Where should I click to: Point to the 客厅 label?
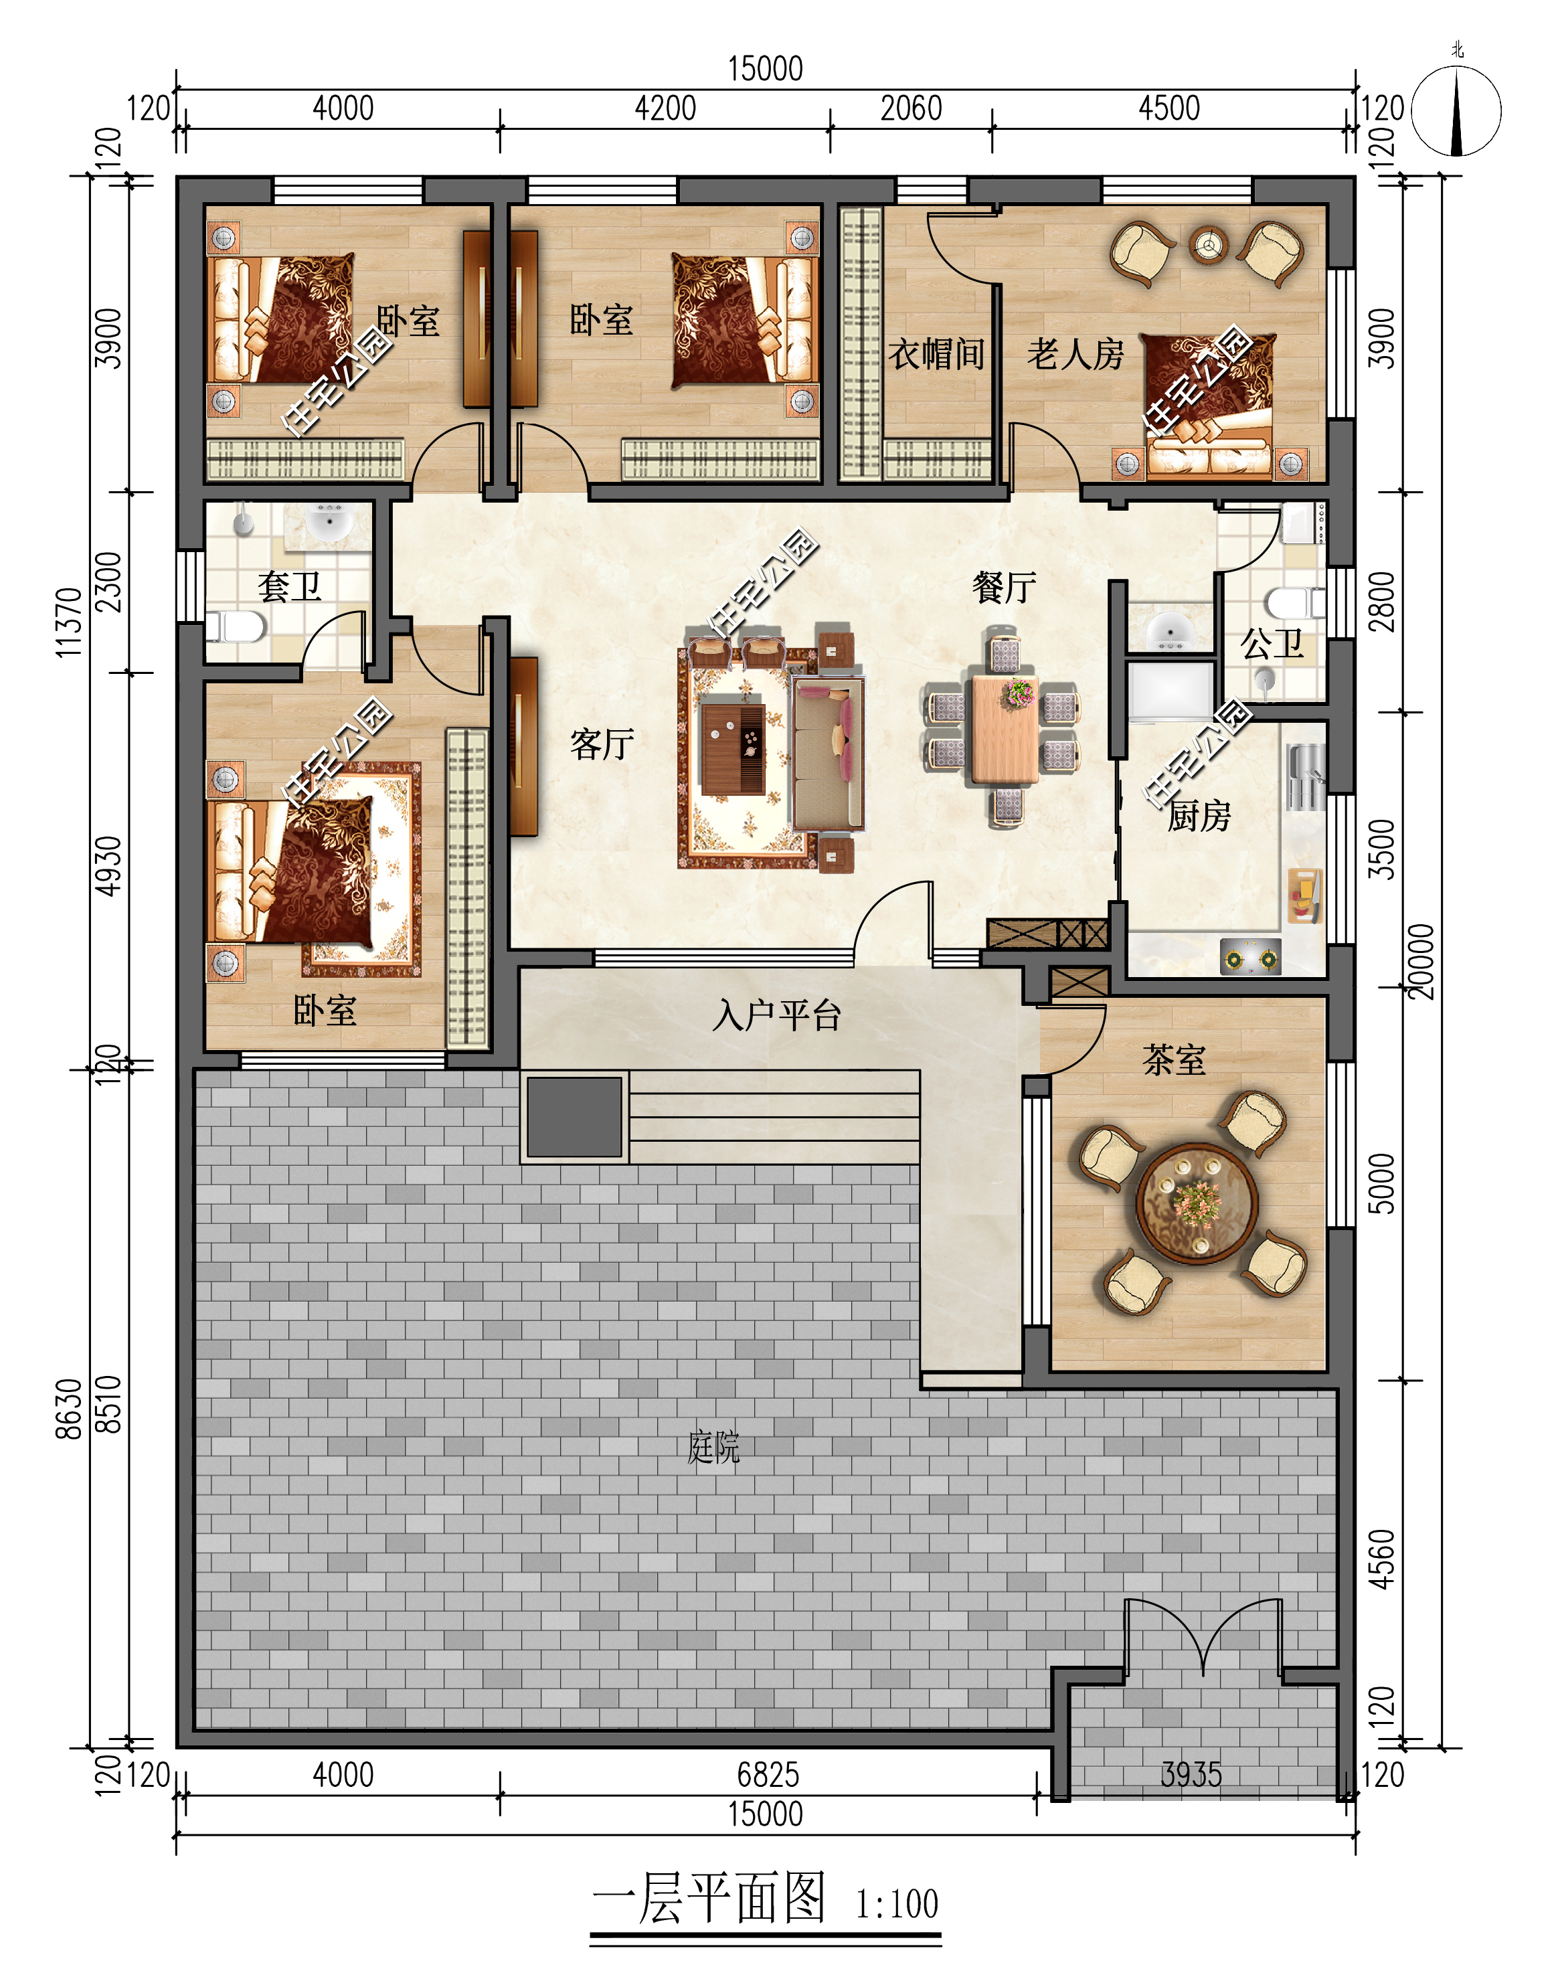[602, 744]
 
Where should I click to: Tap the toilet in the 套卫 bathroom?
[236, 627]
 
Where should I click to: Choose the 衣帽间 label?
[936, 353]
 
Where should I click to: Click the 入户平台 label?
[776, 1015]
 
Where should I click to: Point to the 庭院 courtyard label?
[713, 1447]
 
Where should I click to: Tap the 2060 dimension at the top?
[911, 108]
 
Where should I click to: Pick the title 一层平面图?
[709, 1899]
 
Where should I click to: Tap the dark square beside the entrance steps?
[574, 1117]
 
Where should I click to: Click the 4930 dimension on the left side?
[108, 865]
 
